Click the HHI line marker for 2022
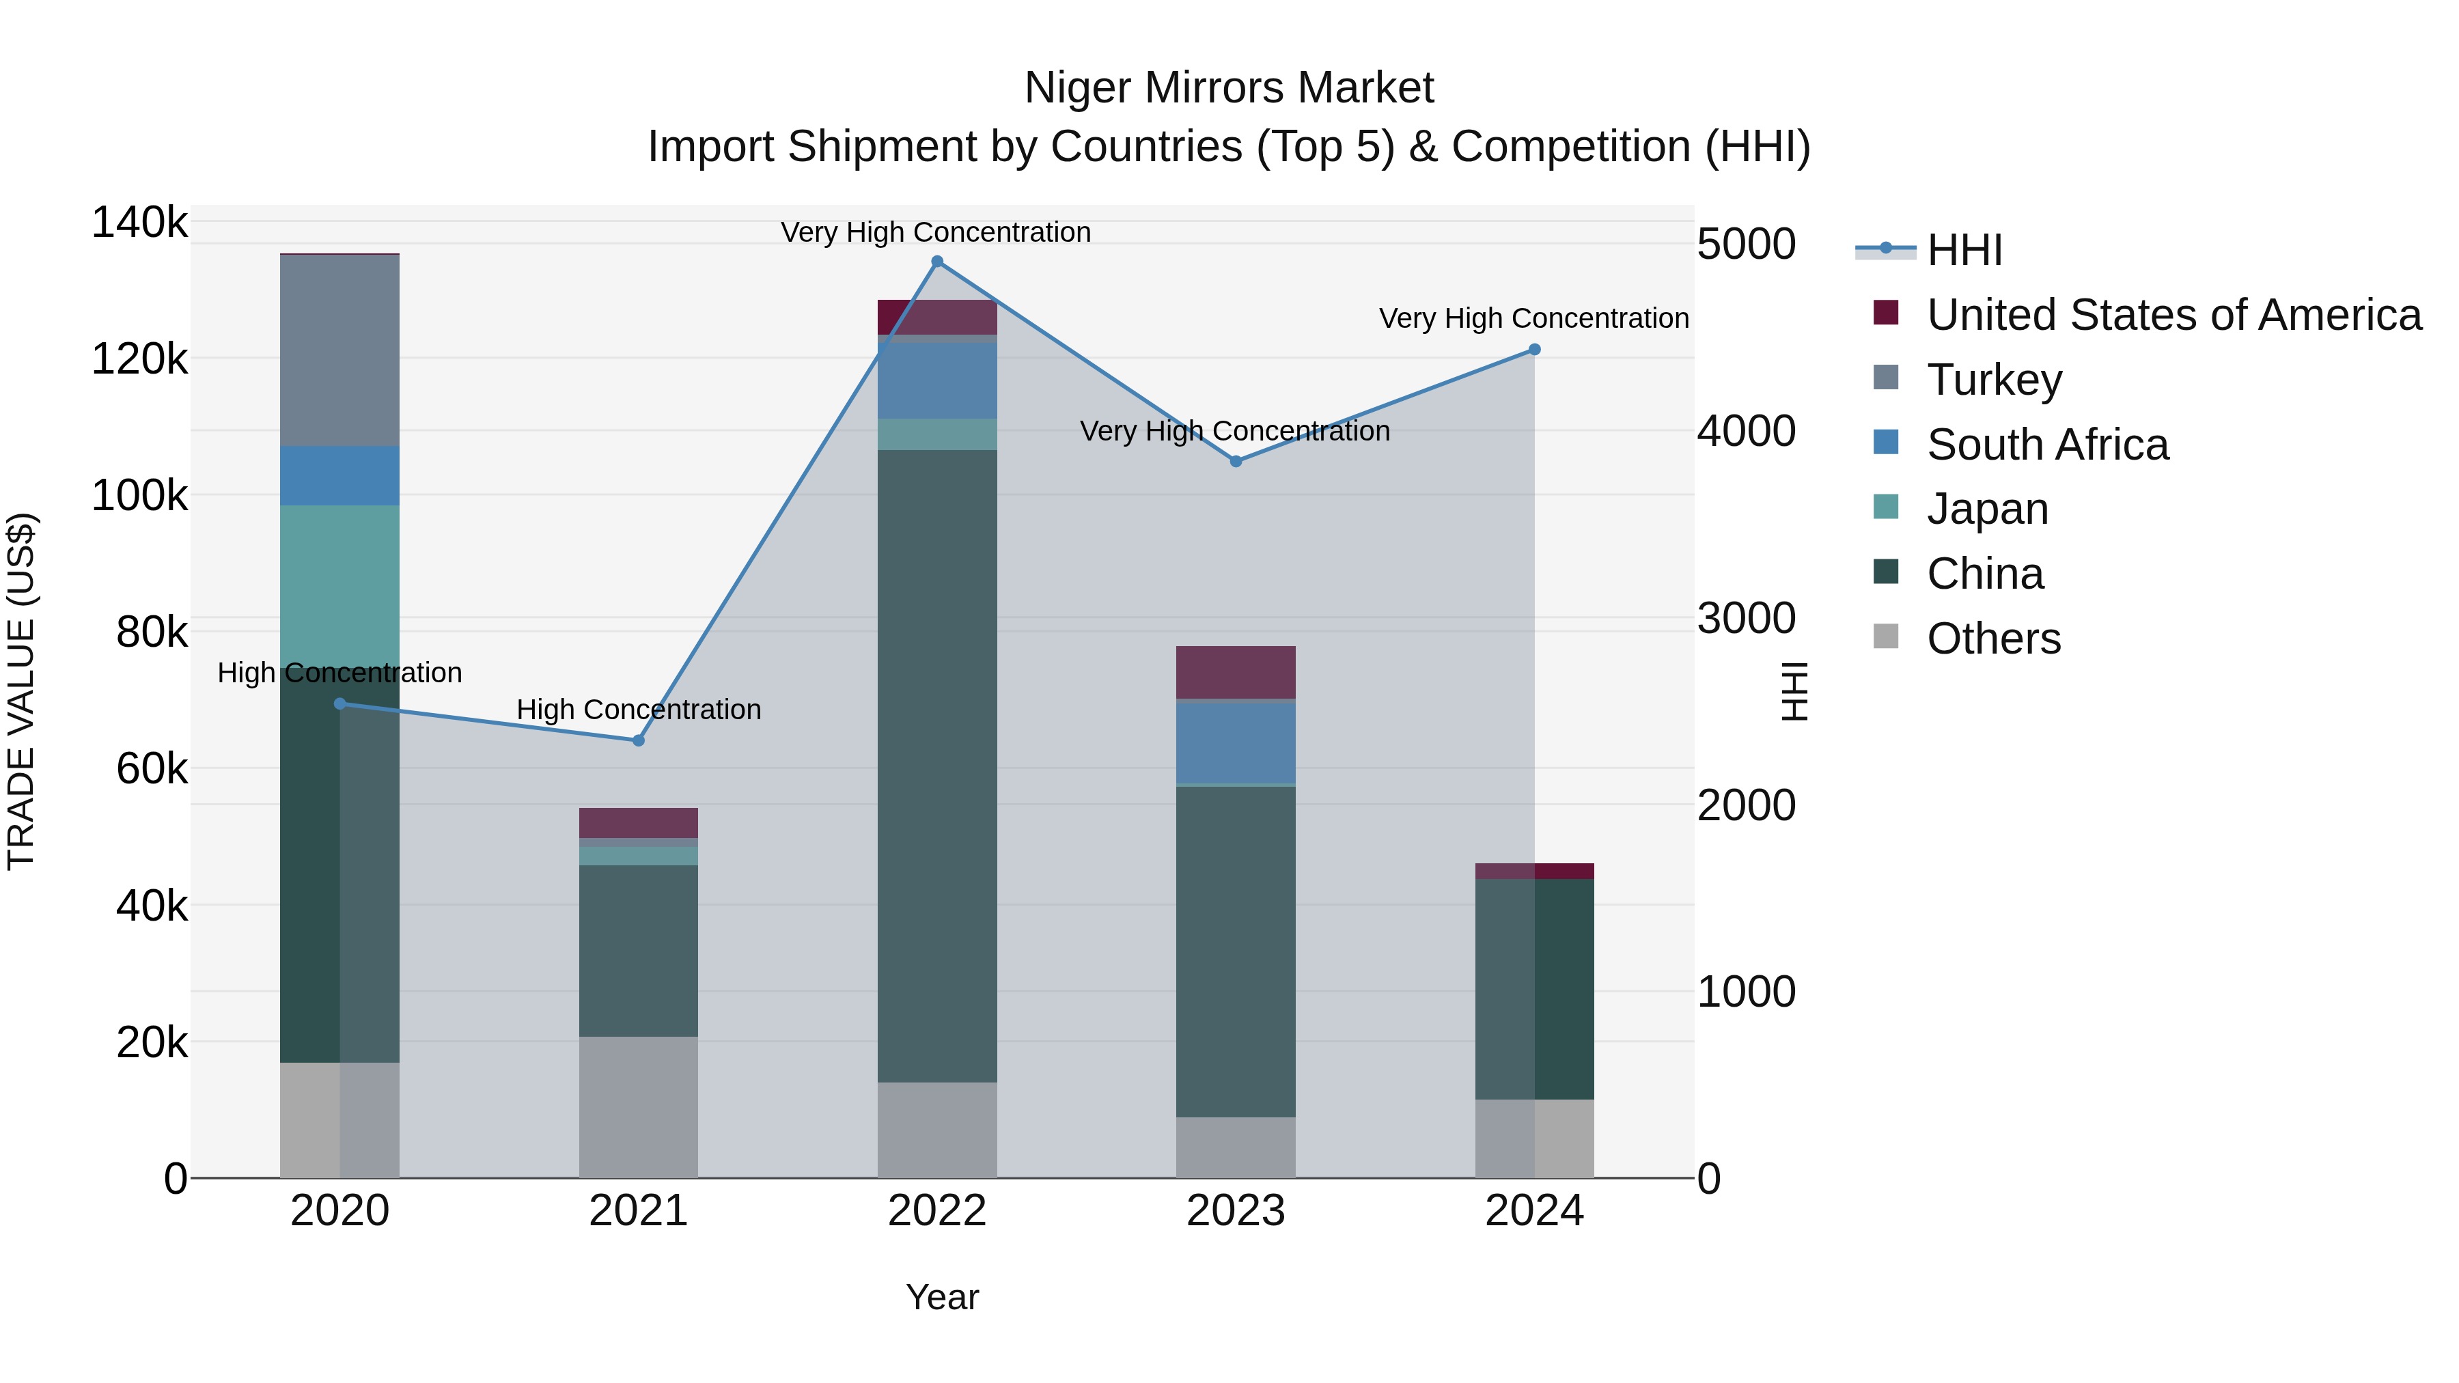click(936, 262)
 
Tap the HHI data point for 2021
click(639, 740)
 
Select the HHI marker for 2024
click(1534, 349)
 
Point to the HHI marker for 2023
click(1235, 461)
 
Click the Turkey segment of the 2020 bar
click(340, 350)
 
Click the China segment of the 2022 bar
click(936, 764)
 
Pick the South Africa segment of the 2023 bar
click(1235, 742)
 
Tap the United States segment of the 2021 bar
click(639, 823)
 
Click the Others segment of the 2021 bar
click(639, 1107)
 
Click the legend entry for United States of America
click(2173, 315)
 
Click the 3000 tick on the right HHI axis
click(1746, 619)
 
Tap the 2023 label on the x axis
click(1235, 1211)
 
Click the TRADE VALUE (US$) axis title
click(21, 691)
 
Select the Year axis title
click(941, 1297)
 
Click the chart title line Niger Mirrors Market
click(1229, 88)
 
